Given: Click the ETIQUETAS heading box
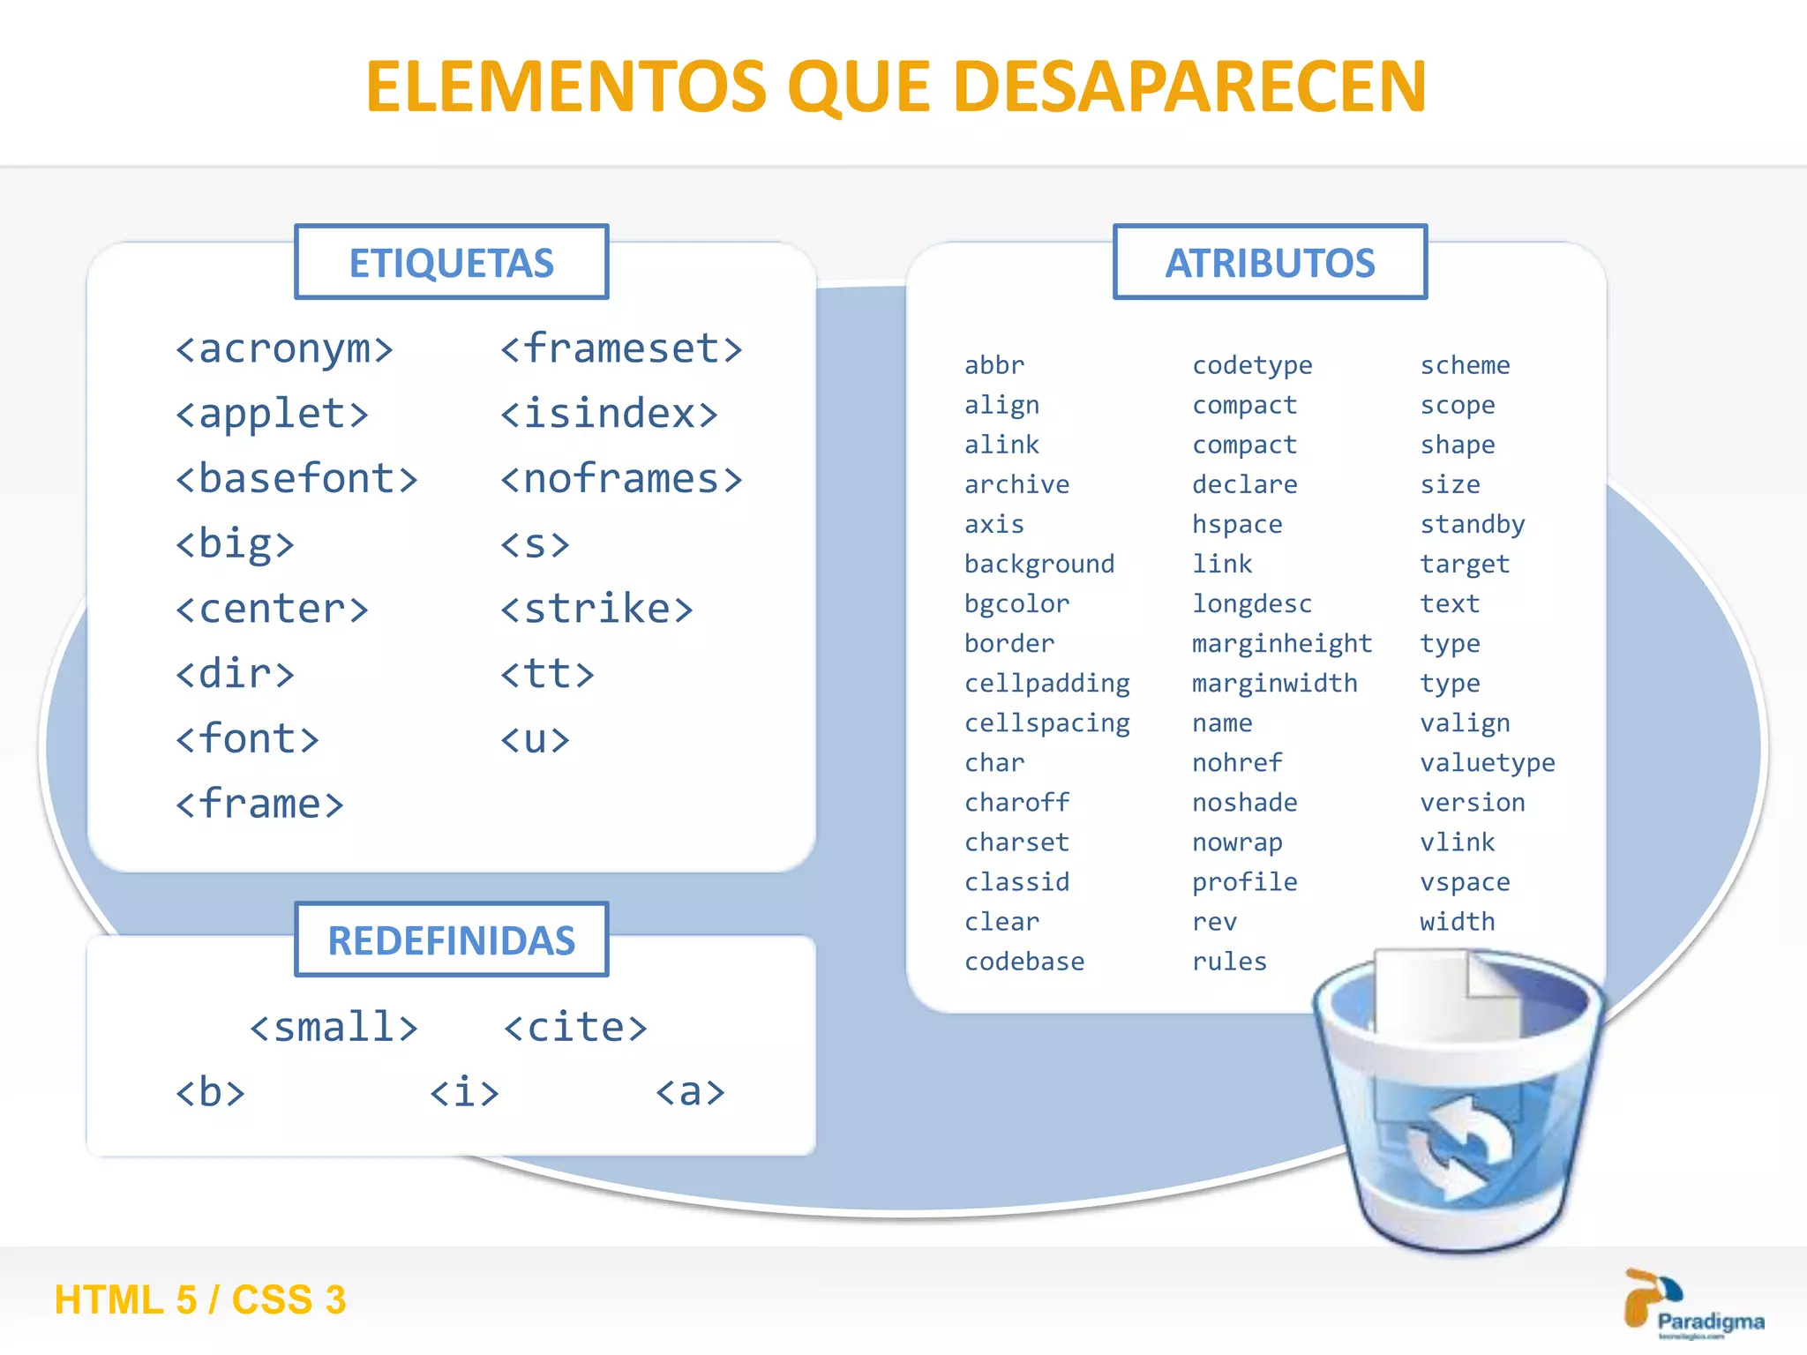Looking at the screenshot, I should pos(451,263).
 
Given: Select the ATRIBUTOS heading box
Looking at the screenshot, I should pos(1270,263).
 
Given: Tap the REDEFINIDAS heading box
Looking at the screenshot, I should pos(451,940).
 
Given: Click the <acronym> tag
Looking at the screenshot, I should pos(284,349).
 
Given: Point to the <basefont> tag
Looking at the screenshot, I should pos(296,479).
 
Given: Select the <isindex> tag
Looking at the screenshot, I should pos(609,414).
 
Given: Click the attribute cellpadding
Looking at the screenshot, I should pos(1046,684).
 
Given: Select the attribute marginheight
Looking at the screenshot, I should pos(1281,644).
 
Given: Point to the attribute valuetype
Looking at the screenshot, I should pos(1487,763).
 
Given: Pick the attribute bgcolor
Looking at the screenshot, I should pos(1016,604).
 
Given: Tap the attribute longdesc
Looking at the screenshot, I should pos(1251,604).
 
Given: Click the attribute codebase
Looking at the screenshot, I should pos(1023,962).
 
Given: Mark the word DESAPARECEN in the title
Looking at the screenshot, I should pos(1189,86).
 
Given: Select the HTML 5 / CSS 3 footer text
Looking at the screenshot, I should pos(200,1300).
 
